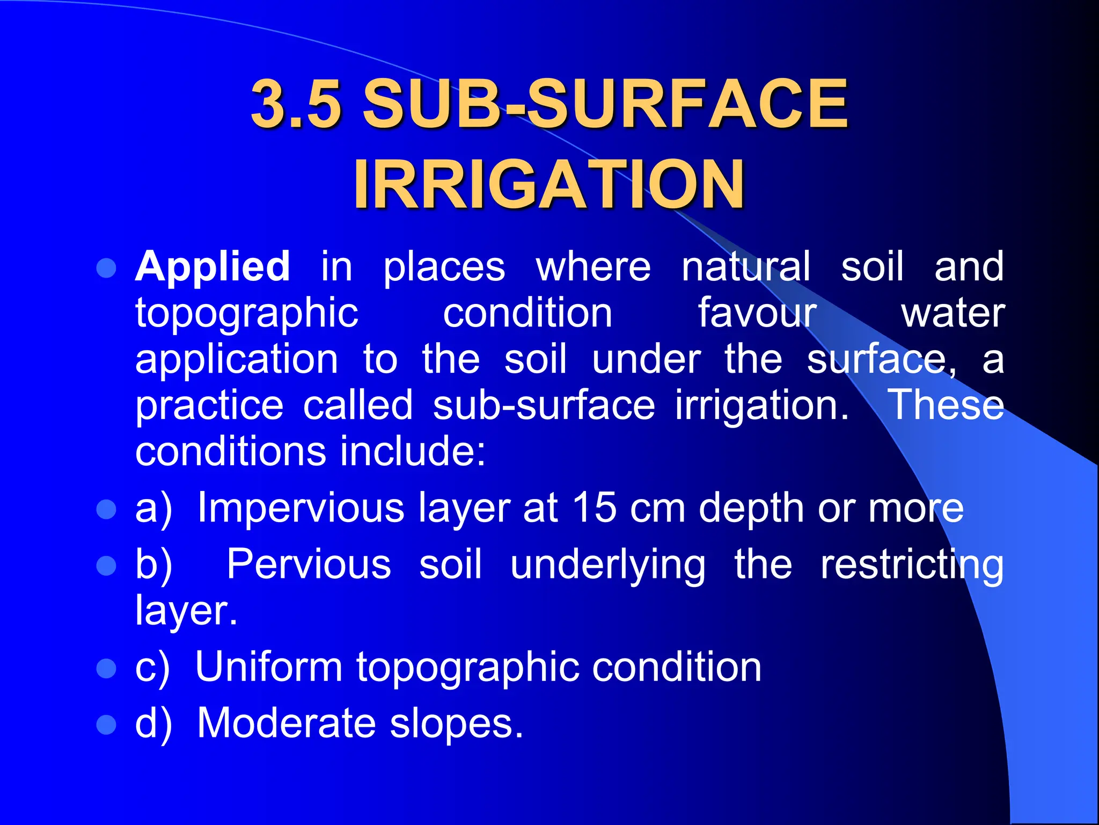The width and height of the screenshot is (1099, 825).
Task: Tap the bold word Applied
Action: click(x=213, y=266)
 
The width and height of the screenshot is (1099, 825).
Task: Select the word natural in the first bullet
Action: click(x=746, y=266)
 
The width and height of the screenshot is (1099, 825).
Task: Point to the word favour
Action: click(x=757, y=313)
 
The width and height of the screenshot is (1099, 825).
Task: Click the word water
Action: click(x=953, y=313)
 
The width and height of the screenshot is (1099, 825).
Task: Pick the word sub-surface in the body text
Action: click(x=544, y=405)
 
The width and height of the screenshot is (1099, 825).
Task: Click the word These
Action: click(x=946, y=405)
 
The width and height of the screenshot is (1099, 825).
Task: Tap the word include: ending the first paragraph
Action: click(x=413, y=451)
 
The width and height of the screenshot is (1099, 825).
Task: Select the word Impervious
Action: click(x=301, y=508)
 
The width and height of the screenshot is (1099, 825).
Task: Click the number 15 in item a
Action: click(x=594, y=508)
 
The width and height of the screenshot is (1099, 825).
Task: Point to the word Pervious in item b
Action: click(x=309, y=565)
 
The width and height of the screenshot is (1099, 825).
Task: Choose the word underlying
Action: click(x=608, y=566)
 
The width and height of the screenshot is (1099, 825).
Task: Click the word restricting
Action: click(x=912, y=566)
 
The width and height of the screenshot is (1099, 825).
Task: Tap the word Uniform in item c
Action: click(x=268, y=667)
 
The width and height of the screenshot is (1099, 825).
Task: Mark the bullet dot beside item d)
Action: click(x=106, y=725)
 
